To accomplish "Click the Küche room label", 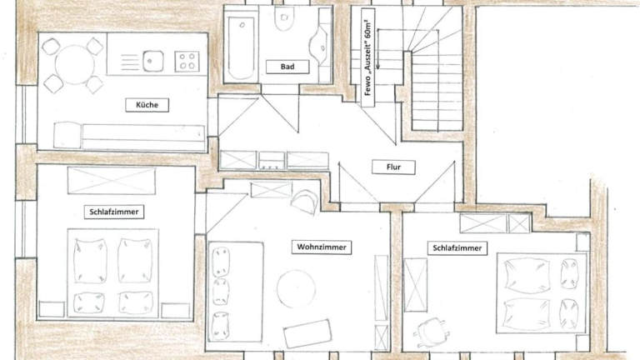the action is click(147, 105).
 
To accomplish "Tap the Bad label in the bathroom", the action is click(287, 67).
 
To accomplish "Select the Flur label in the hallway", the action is click(393, 167).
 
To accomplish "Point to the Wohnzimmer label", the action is click(322, 247).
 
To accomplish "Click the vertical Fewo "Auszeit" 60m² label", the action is click(367, 57).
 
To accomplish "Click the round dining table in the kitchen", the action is click(75, 65).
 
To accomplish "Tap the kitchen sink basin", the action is click(153, 61).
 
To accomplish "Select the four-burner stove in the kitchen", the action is click(187, 62).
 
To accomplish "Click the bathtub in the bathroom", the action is click(241, 47).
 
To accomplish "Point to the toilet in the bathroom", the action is click(284, 19).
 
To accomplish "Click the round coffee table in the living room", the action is click(297, 288).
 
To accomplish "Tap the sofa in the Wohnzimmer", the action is click(235, 292).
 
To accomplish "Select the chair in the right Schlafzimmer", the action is click(432, 331).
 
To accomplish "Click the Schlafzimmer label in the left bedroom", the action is click(114, 212).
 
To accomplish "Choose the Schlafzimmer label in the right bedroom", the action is click(457, 247).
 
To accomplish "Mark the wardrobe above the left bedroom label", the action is click(112, 180).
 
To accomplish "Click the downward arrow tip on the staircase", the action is click(378, 67).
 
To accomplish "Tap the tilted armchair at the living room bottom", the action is click(307, 333).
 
